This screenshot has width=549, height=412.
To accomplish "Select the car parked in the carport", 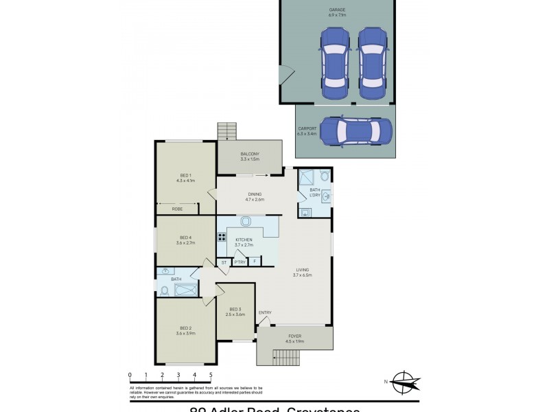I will point(355,130).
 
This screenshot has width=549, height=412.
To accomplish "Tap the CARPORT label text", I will point(307,130).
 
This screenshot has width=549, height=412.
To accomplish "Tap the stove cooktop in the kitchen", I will point(222,238).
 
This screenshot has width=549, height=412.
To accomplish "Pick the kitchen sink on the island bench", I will point(246,221).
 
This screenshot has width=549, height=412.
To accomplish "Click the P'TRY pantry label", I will point(240,262).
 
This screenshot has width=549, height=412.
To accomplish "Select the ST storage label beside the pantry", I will point(224,262).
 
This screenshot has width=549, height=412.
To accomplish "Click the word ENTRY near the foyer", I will point(265,313).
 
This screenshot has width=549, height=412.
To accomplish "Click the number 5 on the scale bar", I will point(211,375).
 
